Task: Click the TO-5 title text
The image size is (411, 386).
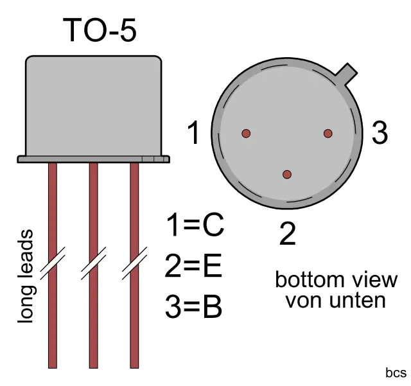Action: (x=100, y=30)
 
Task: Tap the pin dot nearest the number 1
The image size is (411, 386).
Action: (x=245, y=134)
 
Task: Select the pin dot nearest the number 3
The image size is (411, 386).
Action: (x=328, y=134)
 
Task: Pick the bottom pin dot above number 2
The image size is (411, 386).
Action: (x=287, y=175)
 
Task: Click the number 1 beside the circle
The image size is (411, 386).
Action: (x=193, y=134)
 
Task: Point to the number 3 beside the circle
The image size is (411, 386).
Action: (x=380, y=134)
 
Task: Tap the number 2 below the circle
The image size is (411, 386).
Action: (x=287, y=235)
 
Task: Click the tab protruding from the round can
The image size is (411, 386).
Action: (x=347, y=73)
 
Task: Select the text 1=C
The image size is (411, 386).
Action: (x=194, y=225)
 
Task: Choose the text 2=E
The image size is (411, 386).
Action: (x=193, y=267)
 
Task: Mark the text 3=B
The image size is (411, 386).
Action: (x=193, y=307)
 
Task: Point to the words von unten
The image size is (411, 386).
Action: (x=336, y=300)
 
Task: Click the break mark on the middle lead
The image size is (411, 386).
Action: (x=94, y=264)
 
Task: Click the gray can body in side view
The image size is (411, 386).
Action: (x=93, y=106)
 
